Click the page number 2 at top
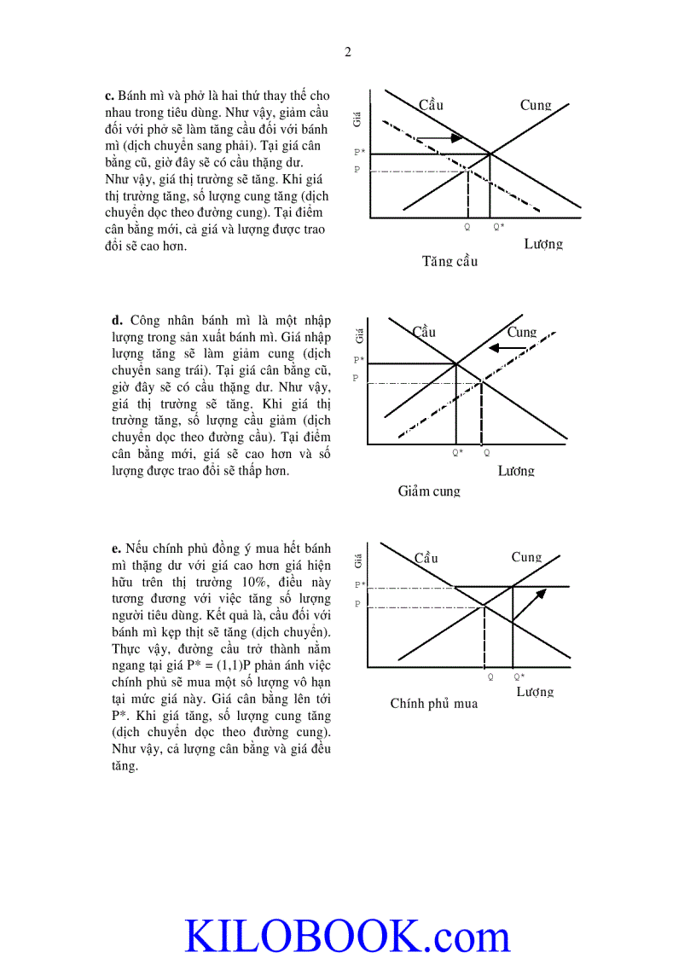click(x=347, y=52)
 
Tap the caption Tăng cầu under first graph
click(x=449, y=261)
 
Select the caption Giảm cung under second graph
click(x=429, y=491)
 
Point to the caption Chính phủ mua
click(x=433, y=704)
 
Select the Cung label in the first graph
click(x=536, y=106)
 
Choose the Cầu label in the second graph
click(x=424, y=332)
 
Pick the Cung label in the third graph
click(x=526, y=557)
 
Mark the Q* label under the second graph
click(x=457, y=453)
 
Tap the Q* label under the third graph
click(x=519, y=676)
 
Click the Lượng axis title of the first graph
click(x=543, y=244)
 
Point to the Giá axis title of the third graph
click(x=358, y=560)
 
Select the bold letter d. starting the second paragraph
click(x=117, y=321)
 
